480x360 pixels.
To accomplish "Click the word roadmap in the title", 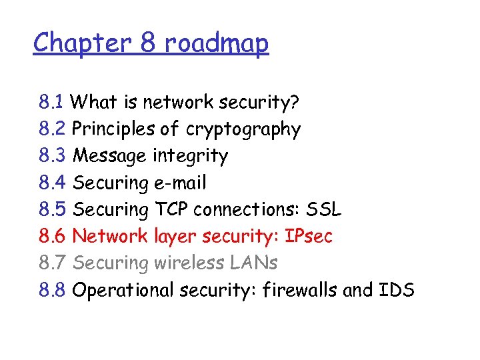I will [216, 43].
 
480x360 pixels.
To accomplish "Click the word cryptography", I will [243, 129].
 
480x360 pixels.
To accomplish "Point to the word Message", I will [109, 156].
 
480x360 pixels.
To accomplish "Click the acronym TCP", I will [171, 209].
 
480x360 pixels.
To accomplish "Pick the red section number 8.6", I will [51, 236].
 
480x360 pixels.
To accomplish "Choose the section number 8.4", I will [51, 183].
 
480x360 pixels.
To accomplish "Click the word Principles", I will [111, 129].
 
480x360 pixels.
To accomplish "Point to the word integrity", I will [190, 156].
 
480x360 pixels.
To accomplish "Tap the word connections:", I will [246, 209].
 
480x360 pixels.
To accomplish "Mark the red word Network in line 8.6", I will [110, 236].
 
